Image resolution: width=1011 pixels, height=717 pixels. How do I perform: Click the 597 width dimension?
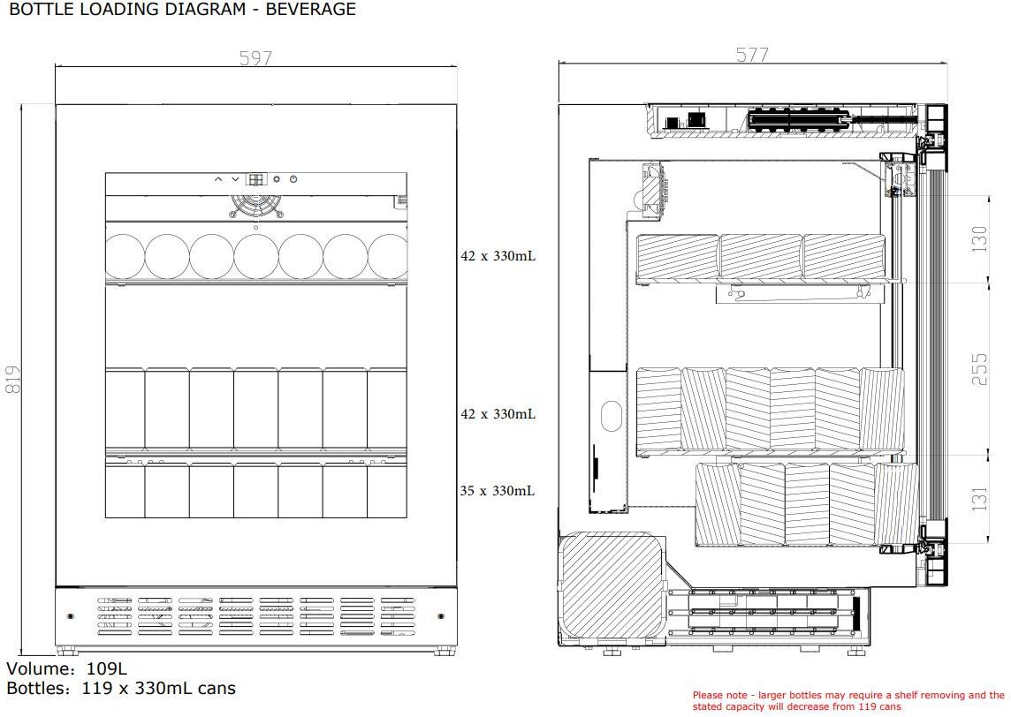[255, 58]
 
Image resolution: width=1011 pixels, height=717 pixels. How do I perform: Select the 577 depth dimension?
[752, 55]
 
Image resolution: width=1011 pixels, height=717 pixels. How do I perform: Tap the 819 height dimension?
[13, 380]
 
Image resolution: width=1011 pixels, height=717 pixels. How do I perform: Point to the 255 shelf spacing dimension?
[979, 369]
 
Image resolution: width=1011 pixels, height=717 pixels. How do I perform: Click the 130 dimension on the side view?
[979, 238]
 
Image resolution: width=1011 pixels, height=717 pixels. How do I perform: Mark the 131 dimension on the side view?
[979, 499]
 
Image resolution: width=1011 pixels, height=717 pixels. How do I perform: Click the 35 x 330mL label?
[498, 491]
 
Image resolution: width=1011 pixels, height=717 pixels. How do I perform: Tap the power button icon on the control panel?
[293, 179]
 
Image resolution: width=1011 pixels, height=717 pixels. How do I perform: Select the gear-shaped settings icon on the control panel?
[277, 179]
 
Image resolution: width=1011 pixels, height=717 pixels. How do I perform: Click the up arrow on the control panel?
[218, 179]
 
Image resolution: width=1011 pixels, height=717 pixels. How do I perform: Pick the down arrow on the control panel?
[235, 179]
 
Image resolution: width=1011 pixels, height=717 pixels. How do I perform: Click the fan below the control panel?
[256, 206]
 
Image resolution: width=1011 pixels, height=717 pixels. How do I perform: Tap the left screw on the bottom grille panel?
[71, 616]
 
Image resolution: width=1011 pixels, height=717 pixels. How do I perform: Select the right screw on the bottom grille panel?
[441, 616]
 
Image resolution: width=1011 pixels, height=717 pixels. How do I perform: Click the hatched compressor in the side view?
[612, 586]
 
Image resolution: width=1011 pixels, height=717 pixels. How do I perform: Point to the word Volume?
[40, 668]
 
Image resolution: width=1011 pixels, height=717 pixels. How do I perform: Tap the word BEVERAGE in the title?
[311, 9]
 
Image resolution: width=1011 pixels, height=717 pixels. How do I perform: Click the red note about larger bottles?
[848, 701]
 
